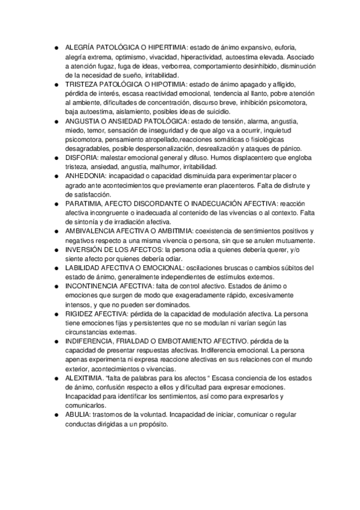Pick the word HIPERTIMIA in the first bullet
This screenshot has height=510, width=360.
tap(165, 46)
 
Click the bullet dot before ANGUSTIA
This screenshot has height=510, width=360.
tap(55, 122)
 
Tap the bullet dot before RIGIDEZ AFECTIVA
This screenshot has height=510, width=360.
tap(55, 315)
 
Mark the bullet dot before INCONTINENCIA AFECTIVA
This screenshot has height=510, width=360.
tap(55, 286)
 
